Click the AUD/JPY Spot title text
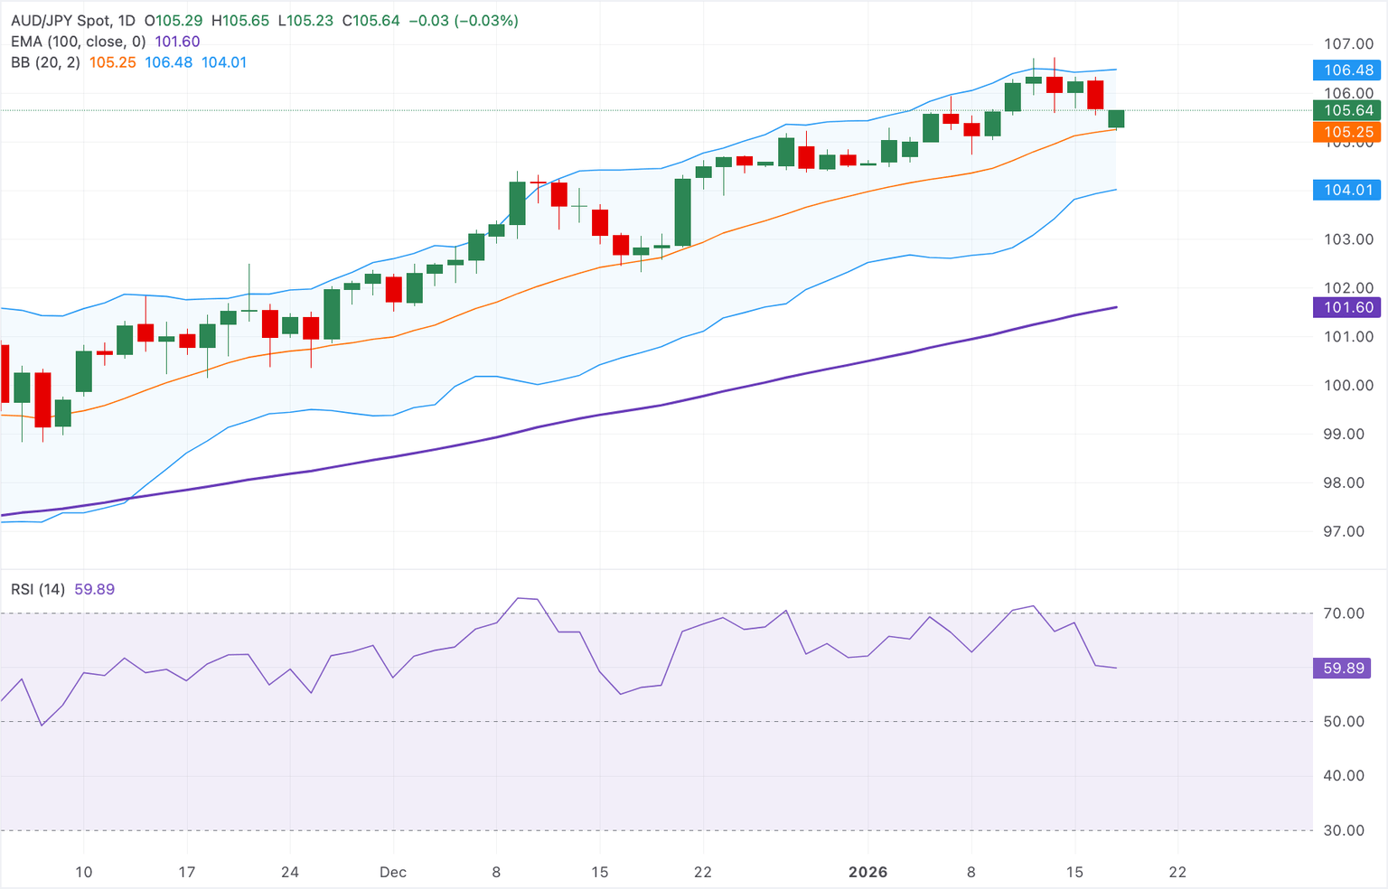click(x=62, y=20)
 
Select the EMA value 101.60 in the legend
click(x=177, y=42)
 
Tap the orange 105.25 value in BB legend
click(x=113, y=62)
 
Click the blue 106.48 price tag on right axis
click(x=1347, y=70)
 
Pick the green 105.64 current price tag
click(x=1347, y=110)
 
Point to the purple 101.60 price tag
click(x=1347, y=307)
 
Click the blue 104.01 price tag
click(x=1347, y=190)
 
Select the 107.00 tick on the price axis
click(x=1348, y=44)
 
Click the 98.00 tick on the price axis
click(x=1348, y=482)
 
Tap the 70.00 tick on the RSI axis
click(x=1344, y=613)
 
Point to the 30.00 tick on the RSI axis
click(x=1344, y=830)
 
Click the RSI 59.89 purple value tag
click(x=1344, y=669)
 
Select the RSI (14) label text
click(x=38, y=589)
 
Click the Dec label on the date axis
click(x=393, y=872)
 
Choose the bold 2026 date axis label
click(x=867, y=872)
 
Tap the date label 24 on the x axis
click(x=290, y=872)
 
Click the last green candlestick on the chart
click(x=1116, y=118)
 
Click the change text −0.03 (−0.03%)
click(x=464, y=20)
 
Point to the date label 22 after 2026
click(x=1177, y=872)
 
